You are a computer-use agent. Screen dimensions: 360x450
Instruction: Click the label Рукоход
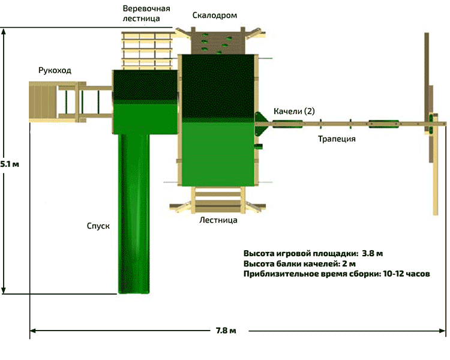coord(55,71)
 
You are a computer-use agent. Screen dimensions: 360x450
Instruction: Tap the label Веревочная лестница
coord(146,14)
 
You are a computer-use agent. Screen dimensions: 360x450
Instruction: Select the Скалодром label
coord(214,15)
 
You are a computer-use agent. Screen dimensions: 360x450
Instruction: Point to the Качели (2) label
coord(294,112)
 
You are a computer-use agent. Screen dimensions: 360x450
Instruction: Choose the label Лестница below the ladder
coord(218,220)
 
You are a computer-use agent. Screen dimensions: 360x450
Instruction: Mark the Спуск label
coord(98,226)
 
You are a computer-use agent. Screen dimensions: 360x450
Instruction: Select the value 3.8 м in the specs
coord(373,253)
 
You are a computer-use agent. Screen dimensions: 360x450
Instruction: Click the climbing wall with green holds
coord(217,41)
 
